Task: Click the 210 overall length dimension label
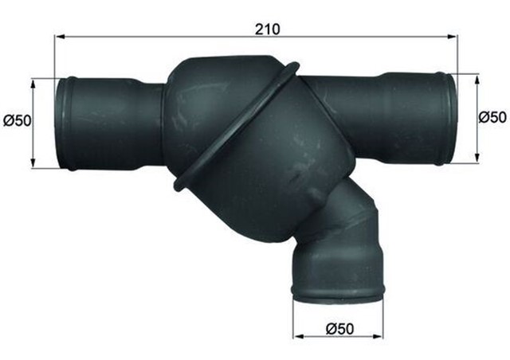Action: point(268,29)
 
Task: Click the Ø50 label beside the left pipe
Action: point(17,121)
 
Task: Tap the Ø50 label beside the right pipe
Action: point(493,117)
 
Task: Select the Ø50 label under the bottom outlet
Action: point(339,327)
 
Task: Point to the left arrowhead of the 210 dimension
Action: point(59,37)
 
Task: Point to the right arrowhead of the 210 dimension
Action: point(454,37)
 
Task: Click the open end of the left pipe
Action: point(63,123)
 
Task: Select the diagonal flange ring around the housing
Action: point(236,127)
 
